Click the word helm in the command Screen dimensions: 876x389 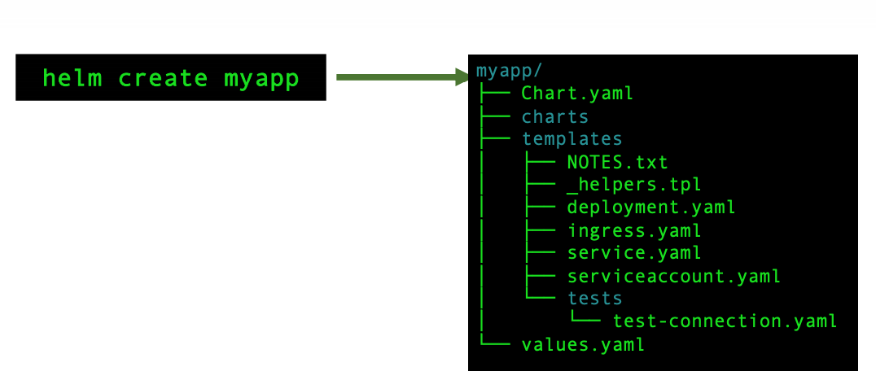(72, 77)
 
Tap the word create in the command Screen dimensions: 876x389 (163, 78)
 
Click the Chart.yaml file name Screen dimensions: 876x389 (577, 93)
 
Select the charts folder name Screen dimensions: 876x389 (554, 116)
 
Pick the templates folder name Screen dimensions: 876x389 (572, 139)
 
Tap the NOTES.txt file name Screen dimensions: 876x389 (617, 162)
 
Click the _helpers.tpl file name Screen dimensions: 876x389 (634, 185)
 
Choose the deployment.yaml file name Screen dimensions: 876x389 (650, 208)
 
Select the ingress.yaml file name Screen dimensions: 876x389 (634, 230)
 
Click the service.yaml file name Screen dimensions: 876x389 (634, 253)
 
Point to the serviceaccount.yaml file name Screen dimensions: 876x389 (673, 276)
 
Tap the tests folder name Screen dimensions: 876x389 (595, 299)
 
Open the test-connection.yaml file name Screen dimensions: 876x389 (725, 321)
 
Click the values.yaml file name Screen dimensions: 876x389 (583, 344)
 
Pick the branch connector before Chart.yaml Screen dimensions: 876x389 (495, 93)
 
